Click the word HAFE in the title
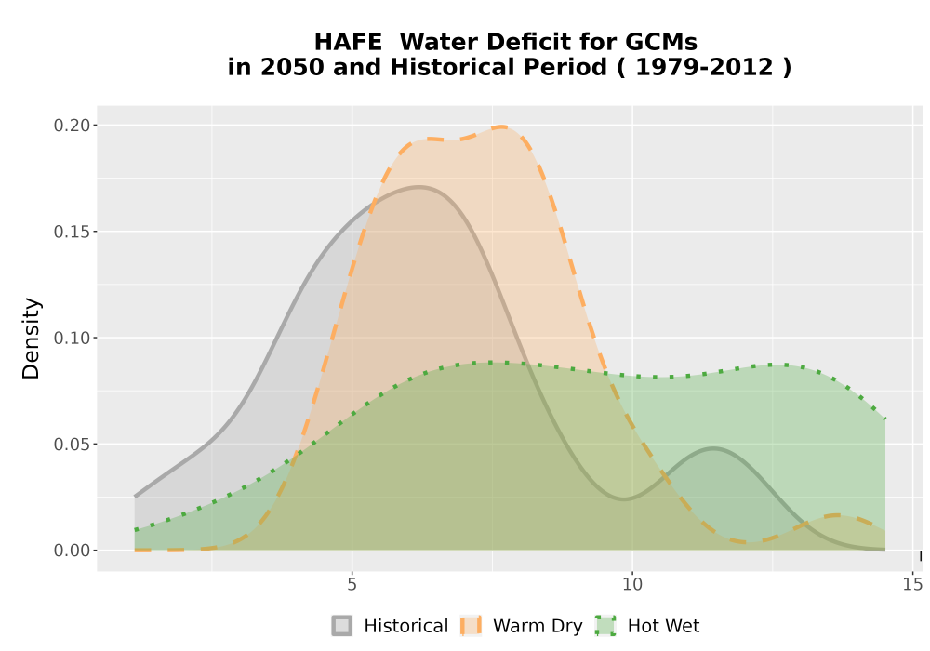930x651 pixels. click(348, 42)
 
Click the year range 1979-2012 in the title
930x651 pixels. click(704, 67)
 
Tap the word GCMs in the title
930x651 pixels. click(660, 42)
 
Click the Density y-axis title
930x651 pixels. click(31, 339)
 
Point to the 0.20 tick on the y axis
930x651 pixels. click(72, 126)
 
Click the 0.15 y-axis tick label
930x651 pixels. click(72, 232)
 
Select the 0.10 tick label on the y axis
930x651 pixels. click(72, 338)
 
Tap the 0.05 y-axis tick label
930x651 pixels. click(72, 445)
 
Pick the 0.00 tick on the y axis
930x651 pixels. click(72, 551)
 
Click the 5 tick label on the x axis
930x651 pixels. click(352, 585)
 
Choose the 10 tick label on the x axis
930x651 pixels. click(632, 585)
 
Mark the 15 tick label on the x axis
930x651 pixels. click(913, 585)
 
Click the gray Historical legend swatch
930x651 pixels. click(341, 626)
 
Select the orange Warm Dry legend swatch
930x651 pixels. click(471, 626)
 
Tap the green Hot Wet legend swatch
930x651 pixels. click(605, 626)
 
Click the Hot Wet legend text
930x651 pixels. click(664, 626)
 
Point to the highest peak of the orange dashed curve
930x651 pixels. click(502, 126)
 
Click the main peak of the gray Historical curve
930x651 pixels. click(418, 187)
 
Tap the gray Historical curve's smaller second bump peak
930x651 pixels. click(713, 448)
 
